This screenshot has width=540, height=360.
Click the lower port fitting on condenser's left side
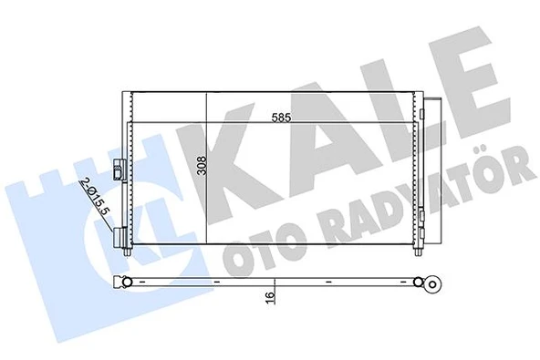(x=121, y=239)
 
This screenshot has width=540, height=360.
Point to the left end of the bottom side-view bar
(x=119, y=281)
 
